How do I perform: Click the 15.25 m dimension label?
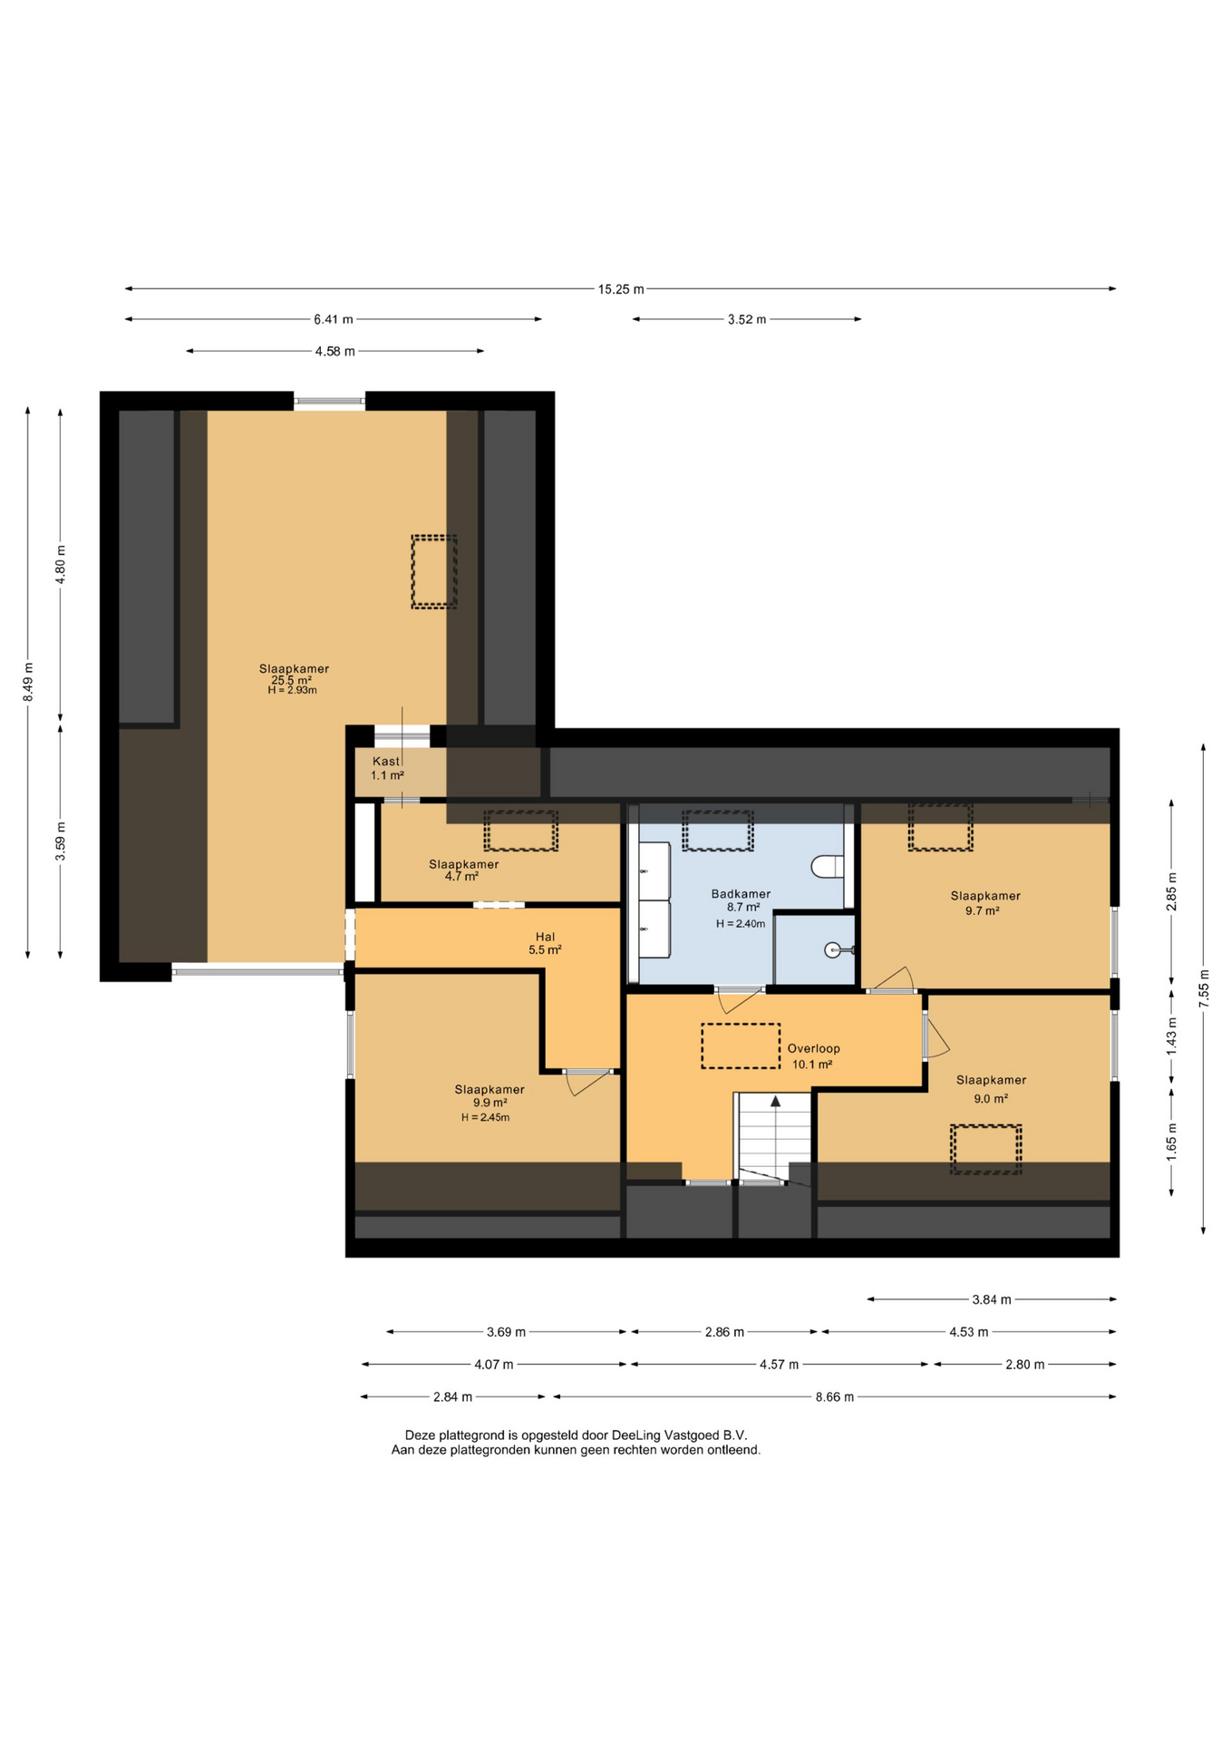[621, 289]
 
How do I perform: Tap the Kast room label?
[385, 762]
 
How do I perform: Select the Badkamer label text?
[741, 894]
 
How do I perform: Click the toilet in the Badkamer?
[827, 867]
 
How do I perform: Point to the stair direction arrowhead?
[776, 1101]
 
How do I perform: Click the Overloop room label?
[813, 1049]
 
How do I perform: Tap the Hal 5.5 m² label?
[545, 943]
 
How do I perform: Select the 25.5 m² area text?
[292, 680]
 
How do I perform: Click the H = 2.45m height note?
[485, 1117]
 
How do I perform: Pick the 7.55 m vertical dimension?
[1204, 989]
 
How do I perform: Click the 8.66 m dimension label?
[835, 1396]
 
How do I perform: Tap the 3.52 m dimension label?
[747, 319]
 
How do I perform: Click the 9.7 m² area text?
[983, 910]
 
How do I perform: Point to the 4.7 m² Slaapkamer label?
[463, 870]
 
